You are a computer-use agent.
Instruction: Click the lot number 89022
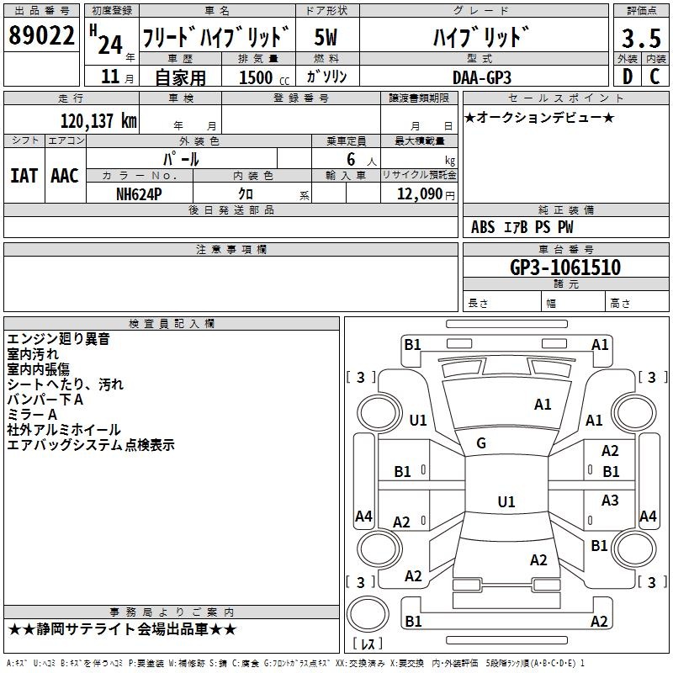pyautogui.click(x=41, y=34)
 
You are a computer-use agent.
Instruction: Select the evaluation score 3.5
pyautogui.click(x=641, y=38)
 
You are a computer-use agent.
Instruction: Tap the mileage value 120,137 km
pyautogui.click(x=98, y=121)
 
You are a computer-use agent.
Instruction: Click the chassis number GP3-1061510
pyautogui.click(x=565, y=267)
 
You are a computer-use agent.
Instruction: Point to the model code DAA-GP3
pyautogui.click(x=482, y=77)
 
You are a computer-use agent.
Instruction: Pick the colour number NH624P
pyautogui.click(x=139, y=194)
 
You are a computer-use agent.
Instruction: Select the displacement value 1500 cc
pyautogui.click(x=264, y=77)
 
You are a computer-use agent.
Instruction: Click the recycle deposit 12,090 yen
pyautogui.click(x=426, y=194)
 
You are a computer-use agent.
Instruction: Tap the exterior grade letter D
pyautogui.click(x=627, y=77)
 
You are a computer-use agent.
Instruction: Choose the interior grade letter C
pyautogui.click(x=654, y=77)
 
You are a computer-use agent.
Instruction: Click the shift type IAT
pyautogui.click(x=24, y=176)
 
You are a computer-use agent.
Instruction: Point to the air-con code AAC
pyautogui.click(x=65, y=176)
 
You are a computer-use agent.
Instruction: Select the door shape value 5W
pyautogui.click(x=326, y=37)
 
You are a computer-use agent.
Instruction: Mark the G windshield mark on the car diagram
pyautogui.click(x=481, y=443)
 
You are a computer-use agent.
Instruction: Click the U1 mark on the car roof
pyautogui.click(x=506, y=501)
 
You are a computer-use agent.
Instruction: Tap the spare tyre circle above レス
pyautogui.click(x=368, y=614)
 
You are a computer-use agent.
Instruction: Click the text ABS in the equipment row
pyautogui.click(x=483, y=227)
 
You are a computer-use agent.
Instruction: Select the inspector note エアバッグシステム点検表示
pyautogui.click(x=91, y=445)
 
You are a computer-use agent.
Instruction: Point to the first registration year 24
pyautogui.click(x=110, y=45)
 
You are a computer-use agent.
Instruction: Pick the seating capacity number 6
pyautogui.click(x=351, y=159)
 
